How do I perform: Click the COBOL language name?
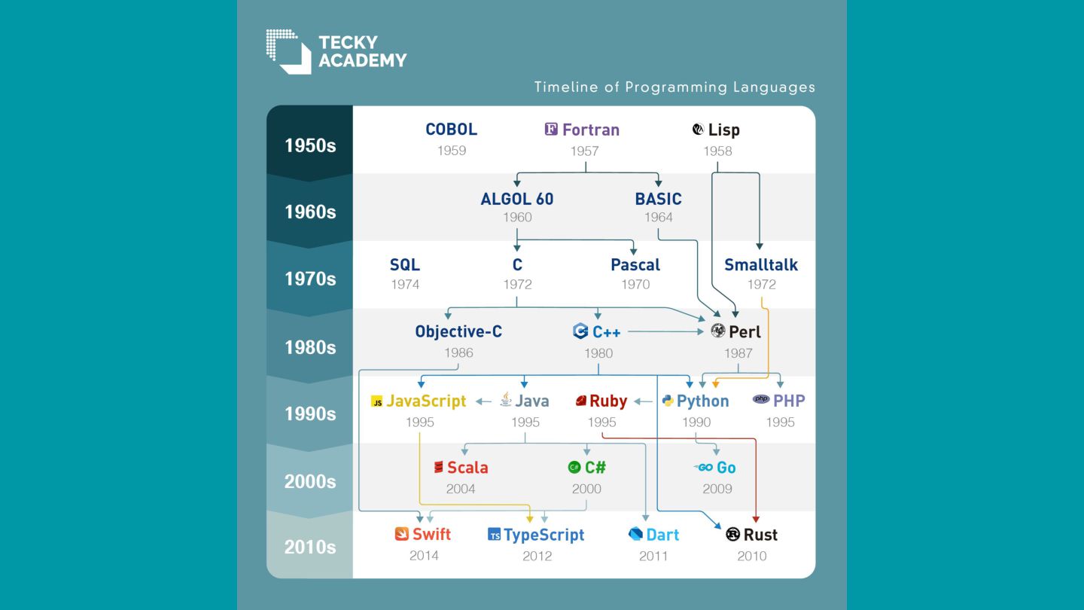pyautogui.click(x=451, y=130)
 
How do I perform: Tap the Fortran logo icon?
pyautogui.click(x=551, y=130)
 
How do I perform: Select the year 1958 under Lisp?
pyautogui.click(x=717, y=151)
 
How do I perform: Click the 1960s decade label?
pyautogui.click(x=309, y=212)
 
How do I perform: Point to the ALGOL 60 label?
pyautogui.click(x=517, y=199)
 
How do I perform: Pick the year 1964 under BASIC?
pyautogui.click(x=658, y=218)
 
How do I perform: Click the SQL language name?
pyautogui.click(x=404, y=265)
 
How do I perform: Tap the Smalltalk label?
pyautogui.click(x=761, y=265)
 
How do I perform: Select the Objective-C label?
pyautogui.click(x=458, y=331)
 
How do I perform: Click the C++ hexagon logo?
pyautogui.click(x=580, y=331)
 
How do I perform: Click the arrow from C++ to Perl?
pyautogui.click(x=666, y=331)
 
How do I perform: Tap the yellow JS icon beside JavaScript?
pyautogui.click(x=376, y=401)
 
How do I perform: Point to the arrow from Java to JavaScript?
pyautogui.click(x=483, y=401)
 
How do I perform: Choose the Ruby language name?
pyautogui.click(x=607, y=401)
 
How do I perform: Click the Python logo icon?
pyautogui.click(x=668, y=401)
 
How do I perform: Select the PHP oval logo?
pyautogui.click(x=761, y=399)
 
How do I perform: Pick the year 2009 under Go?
pyautogui.click(x=717, y=489)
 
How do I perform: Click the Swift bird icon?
pyautogui.click(x=402, y=534)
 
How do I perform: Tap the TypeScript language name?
pyautogui.click(x=544, y=535)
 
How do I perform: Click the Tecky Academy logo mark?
pyautogui.click(x=288, y=52)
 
